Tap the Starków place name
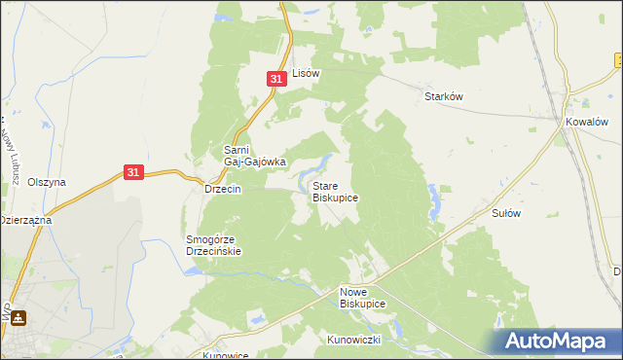tap(442, 96)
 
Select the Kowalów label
tap(588, 123)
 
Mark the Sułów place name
tap(508, 213)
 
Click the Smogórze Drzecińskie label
tap(213, 244)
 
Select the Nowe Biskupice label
tap(362, 298)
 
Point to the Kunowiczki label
tap(381, 340)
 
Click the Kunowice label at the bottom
tap(225, 355)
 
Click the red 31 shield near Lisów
tap(276, 79)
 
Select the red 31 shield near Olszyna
tap(135, 172)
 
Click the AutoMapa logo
tap(557, 341)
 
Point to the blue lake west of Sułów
tap(432, 202)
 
